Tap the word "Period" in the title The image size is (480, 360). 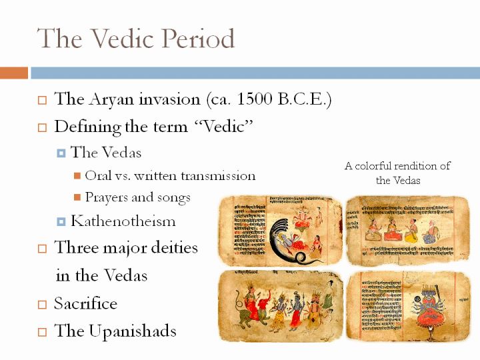(x=198, y=39)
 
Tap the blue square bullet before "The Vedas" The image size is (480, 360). (x=61, y=153)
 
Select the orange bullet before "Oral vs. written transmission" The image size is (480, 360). (x=77, y=177)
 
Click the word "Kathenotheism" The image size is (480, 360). (x=123, y=221)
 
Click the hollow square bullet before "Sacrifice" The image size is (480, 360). (x=42, y=305)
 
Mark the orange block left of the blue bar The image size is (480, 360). (x=13, y=73)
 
